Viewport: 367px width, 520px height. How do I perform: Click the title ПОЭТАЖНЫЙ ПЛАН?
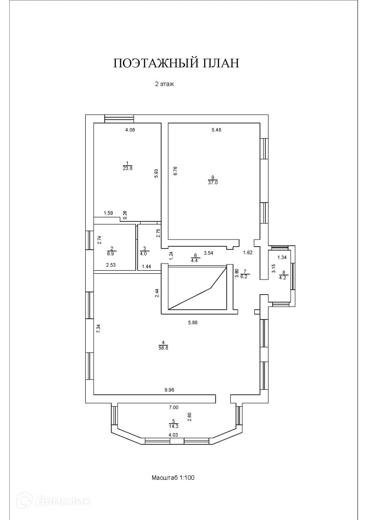(x=176, y=63)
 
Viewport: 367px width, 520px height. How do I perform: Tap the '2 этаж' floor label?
(x=164, y=84)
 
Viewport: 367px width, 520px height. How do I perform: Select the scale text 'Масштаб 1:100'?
(x=173, y=478)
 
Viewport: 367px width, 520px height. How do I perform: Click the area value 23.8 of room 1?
(x=128, y=168)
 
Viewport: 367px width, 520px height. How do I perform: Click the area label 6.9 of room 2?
(x=110, y=253)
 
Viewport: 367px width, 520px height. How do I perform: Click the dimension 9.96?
(x=169, y=390)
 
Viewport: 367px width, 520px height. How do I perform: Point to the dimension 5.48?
(x=216, y=130)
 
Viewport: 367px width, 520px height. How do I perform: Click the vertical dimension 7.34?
(x=99, y=329)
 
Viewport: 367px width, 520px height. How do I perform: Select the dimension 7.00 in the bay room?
(x=174, y=407)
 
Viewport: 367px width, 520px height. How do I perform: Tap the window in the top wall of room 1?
(x=119, y=119)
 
